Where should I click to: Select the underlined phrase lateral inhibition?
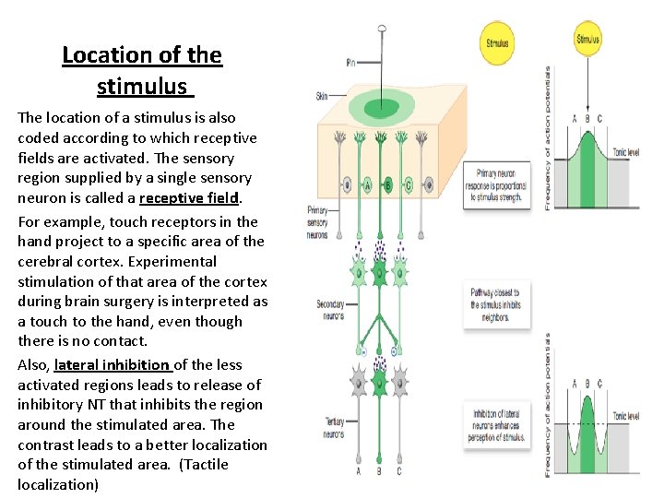[x=112, y=364]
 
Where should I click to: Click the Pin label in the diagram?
[x=350, y=63]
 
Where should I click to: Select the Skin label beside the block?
[x=322, y=96]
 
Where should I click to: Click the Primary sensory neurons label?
[x=317, y=222]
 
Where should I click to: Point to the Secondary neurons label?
[x=329, y=309]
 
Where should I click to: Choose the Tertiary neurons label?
[x=334, y=427]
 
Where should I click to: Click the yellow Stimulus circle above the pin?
[x=498, y=42]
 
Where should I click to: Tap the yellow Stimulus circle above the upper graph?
[x=587, y=39]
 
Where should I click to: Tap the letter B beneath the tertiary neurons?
[x=378, y=472]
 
